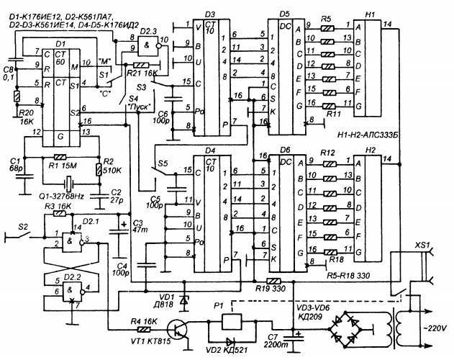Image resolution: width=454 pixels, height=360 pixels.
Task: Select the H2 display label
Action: pos(370,149)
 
